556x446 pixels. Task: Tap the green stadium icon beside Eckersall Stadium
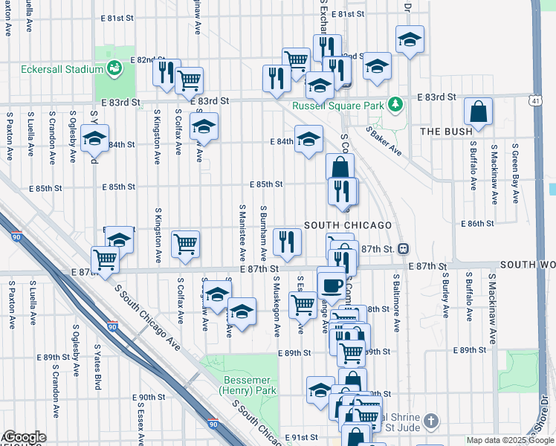(114, 69)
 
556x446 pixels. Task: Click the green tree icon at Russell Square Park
(397, 105)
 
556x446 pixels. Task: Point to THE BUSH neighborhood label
(446, 132)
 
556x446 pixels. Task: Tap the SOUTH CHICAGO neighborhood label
(347, 224)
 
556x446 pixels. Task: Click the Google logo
(24, 438)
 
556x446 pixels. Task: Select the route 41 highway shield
(535, 98)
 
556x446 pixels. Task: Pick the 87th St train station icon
(404, 248)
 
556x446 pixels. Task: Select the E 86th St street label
(477, 223)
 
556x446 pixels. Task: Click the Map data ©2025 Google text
(509, 440)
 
